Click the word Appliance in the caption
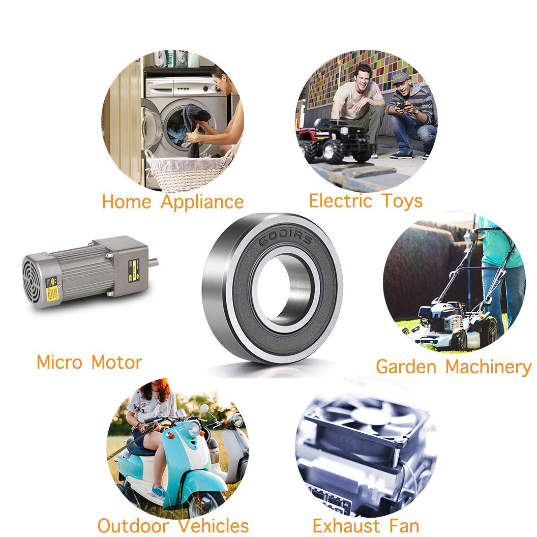(x=202, y=202)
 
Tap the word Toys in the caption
(x=402, y=201)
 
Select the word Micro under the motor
(x=59, y=362)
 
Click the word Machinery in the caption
(x=488, y=367)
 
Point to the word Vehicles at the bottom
(x=214, y=526)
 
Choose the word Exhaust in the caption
(x=346, y=526)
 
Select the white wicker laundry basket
(x=188, y=171)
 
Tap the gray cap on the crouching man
(x=401, y=78)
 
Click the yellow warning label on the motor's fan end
(x=52, y=293)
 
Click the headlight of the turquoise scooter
(x=194, y=429)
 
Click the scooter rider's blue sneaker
(x=159, y=492)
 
